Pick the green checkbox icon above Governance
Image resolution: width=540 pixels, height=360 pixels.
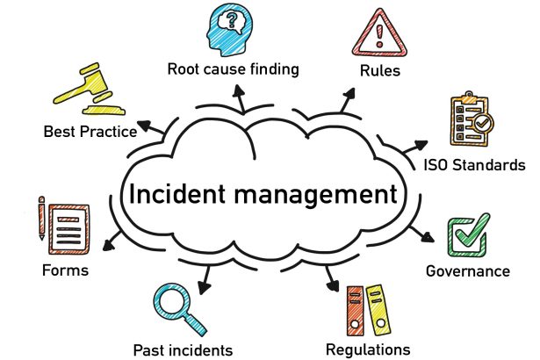click(468, 234)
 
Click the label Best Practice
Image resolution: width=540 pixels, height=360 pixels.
click(90, 133)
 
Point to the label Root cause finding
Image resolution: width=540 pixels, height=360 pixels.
click(233, 68)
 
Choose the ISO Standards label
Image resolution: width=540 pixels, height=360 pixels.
click(474, 164)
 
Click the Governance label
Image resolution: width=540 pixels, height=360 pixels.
click(467, 271)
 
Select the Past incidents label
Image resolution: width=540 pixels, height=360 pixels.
click(183, 349)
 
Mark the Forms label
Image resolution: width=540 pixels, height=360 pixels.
click(65, 270)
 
